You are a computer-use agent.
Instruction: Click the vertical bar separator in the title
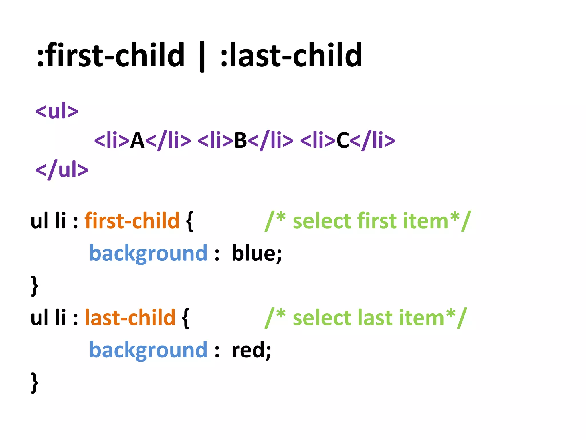pos(202,57)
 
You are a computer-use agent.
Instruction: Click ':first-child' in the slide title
pos(111,55)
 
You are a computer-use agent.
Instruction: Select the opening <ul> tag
pos(57,111)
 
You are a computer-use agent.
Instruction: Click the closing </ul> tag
pos(62,170)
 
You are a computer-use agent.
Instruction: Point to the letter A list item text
pos(137,140)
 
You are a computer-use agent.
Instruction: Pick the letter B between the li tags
pos(240,140)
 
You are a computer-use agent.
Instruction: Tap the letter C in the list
pos(343,140)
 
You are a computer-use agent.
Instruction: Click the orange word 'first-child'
pos(132,221)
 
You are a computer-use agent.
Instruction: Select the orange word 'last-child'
pos(130,318)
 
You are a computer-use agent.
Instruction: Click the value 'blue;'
pos(257,253)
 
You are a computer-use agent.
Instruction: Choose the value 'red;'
pos(251,350)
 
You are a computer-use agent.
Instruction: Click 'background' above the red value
pos(148,350)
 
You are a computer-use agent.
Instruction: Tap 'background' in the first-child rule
pos(148,253)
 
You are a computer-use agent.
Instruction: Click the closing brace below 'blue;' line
pos(35,286)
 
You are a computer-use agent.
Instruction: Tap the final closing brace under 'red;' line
pos(35,383)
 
